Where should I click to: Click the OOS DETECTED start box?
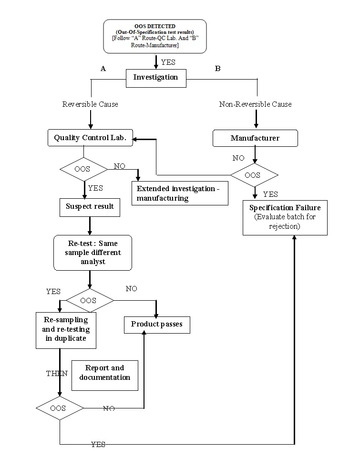tap(155, 36)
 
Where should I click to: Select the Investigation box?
tap(155, 78)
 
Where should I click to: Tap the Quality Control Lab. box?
tap(90, 138)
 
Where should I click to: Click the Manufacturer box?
tap(255, 138)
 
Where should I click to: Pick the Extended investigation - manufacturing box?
tap(180, 193)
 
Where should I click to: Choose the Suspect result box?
tap(90, 206)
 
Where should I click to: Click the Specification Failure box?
tap(285, 217)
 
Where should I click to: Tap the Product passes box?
tap(156, 325)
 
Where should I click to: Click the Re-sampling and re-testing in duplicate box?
tap(66, 330)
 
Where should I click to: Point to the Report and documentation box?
tap(104, 373)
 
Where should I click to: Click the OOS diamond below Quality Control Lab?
tap(84, 169)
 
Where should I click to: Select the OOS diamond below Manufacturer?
tap(254, 175)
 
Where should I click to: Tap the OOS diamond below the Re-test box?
tap(89, 300)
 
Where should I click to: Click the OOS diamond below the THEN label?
tap(60, 408)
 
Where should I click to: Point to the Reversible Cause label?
tap(90, 104)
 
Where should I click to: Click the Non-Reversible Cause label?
tap(255, 104)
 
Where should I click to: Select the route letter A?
tap(103, 69)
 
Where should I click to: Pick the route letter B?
tap(218, 69)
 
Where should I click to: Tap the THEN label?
tap(56, 373)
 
